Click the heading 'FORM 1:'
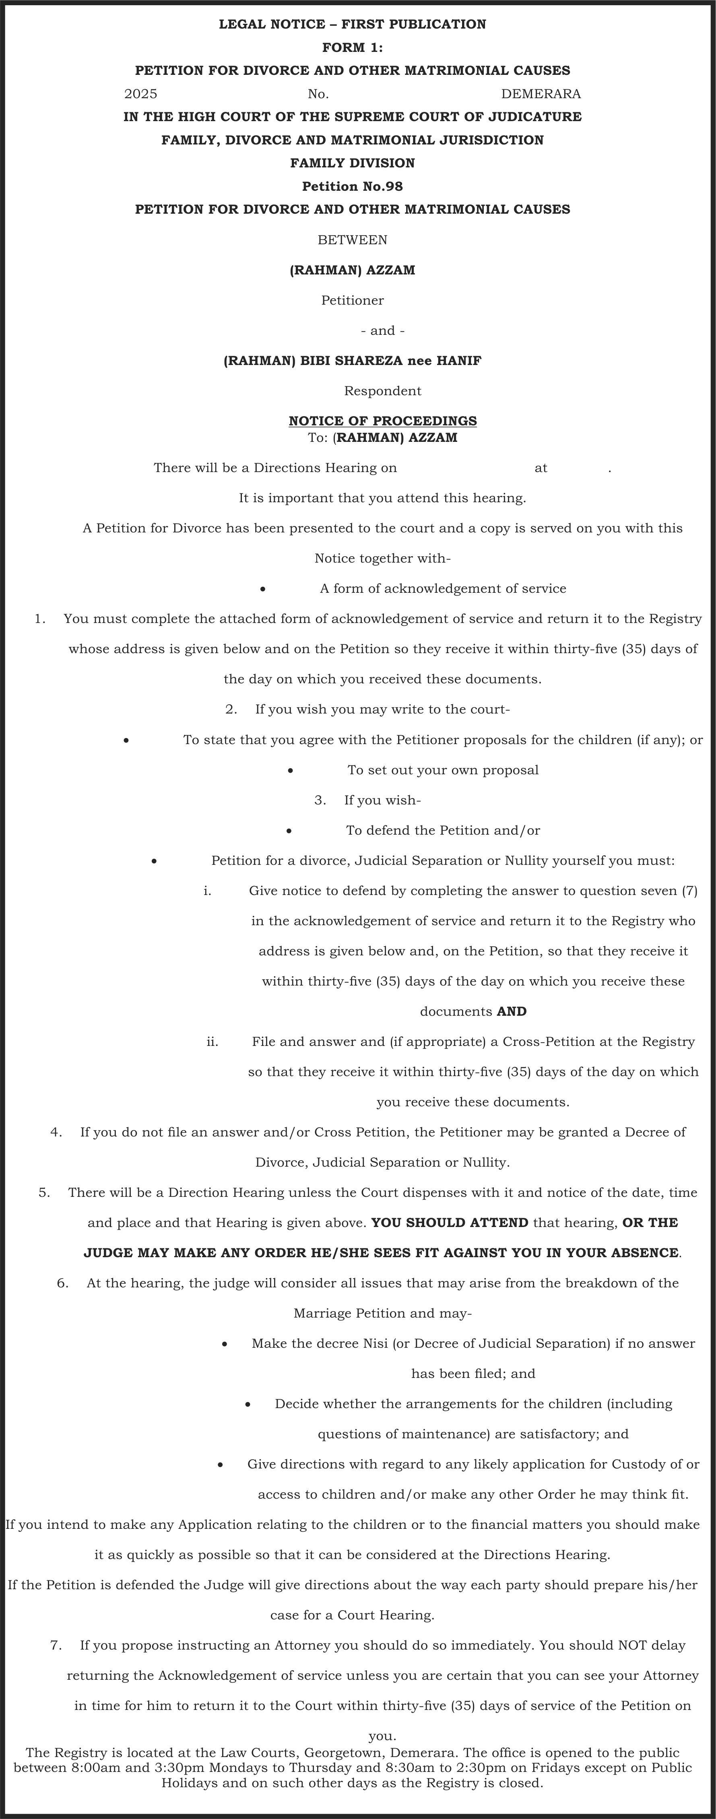coord(352,47)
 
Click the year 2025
coord(140,94)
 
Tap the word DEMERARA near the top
coord(541,94)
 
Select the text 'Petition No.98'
coord(352,186)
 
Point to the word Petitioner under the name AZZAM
coord(352,301)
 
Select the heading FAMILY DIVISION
coord(352,163)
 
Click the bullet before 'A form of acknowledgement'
coord(263,589)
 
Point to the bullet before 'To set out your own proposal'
coord(290,770)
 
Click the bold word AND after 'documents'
coord(512,1012)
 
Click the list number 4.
coord(56,1132)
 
